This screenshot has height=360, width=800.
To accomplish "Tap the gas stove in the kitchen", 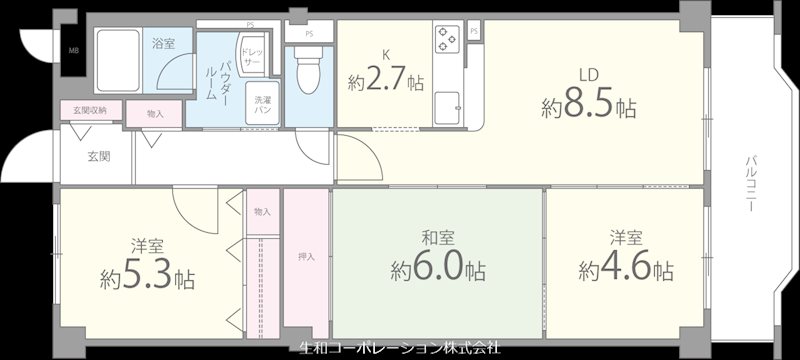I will (x=446, y=39).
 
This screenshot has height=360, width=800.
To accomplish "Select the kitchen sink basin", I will (x=447, y=104).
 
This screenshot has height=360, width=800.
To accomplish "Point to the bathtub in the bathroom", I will (x=119, y=60).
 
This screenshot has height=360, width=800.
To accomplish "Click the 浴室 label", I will (x=163, y=44).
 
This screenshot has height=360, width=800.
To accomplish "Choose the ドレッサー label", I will (x=253, y=57).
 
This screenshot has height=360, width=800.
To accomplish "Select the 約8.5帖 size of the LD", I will (x=589, y=106).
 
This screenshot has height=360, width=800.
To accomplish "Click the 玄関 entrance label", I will (x=98, y=156).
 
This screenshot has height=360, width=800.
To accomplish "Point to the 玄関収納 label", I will (x=90, y=109).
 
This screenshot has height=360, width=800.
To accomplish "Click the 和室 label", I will (x=438, y=238).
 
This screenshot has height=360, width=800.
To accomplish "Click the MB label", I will (x=74, y=49).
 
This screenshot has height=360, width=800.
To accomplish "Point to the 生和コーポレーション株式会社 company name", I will (x=400, y=349).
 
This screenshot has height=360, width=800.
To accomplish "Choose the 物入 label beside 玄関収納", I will (x=154, y=114).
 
